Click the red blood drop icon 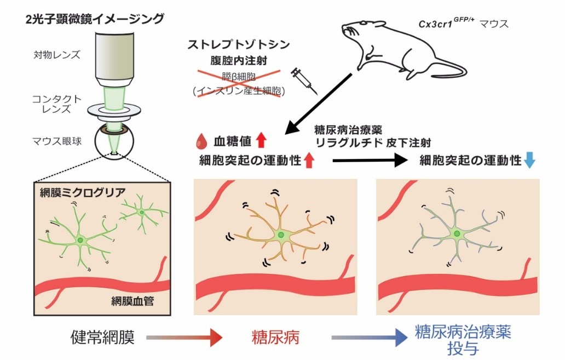[200, 142]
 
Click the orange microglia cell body [281, 235]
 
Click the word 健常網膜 [102, 336]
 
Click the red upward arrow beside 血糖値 [261, 141]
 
